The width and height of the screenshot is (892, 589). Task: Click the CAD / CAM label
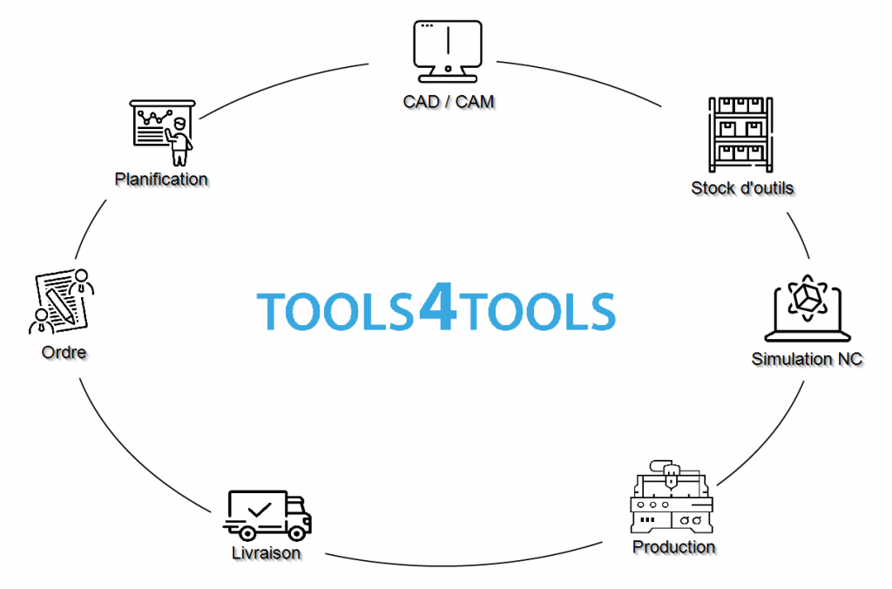click(449, 102)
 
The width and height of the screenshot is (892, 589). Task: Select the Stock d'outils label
click(742, 187)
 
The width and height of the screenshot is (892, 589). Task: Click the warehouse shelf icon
click(741, 133)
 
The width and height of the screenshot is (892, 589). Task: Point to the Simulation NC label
click(807, 359)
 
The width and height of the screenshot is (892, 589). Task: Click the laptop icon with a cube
click(808, 310)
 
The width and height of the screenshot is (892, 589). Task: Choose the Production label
click(673, 547)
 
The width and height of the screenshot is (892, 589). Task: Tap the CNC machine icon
click(670, 500)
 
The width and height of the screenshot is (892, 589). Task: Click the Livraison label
click(267, 552)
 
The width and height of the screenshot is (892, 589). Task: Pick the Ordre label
click(64, 353)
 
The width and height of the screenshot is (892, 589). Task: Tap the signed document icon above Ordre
click(61, 301)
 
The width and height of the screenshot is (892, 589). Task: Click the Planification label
click(161, 179)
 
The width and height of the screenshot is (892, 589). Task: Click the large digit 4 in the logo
click(436, 307)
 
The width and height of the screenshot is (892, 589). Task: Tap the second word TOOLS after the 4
click(537, 311)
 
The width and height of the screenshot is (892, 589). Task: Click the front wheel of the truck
click(297, 530)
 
